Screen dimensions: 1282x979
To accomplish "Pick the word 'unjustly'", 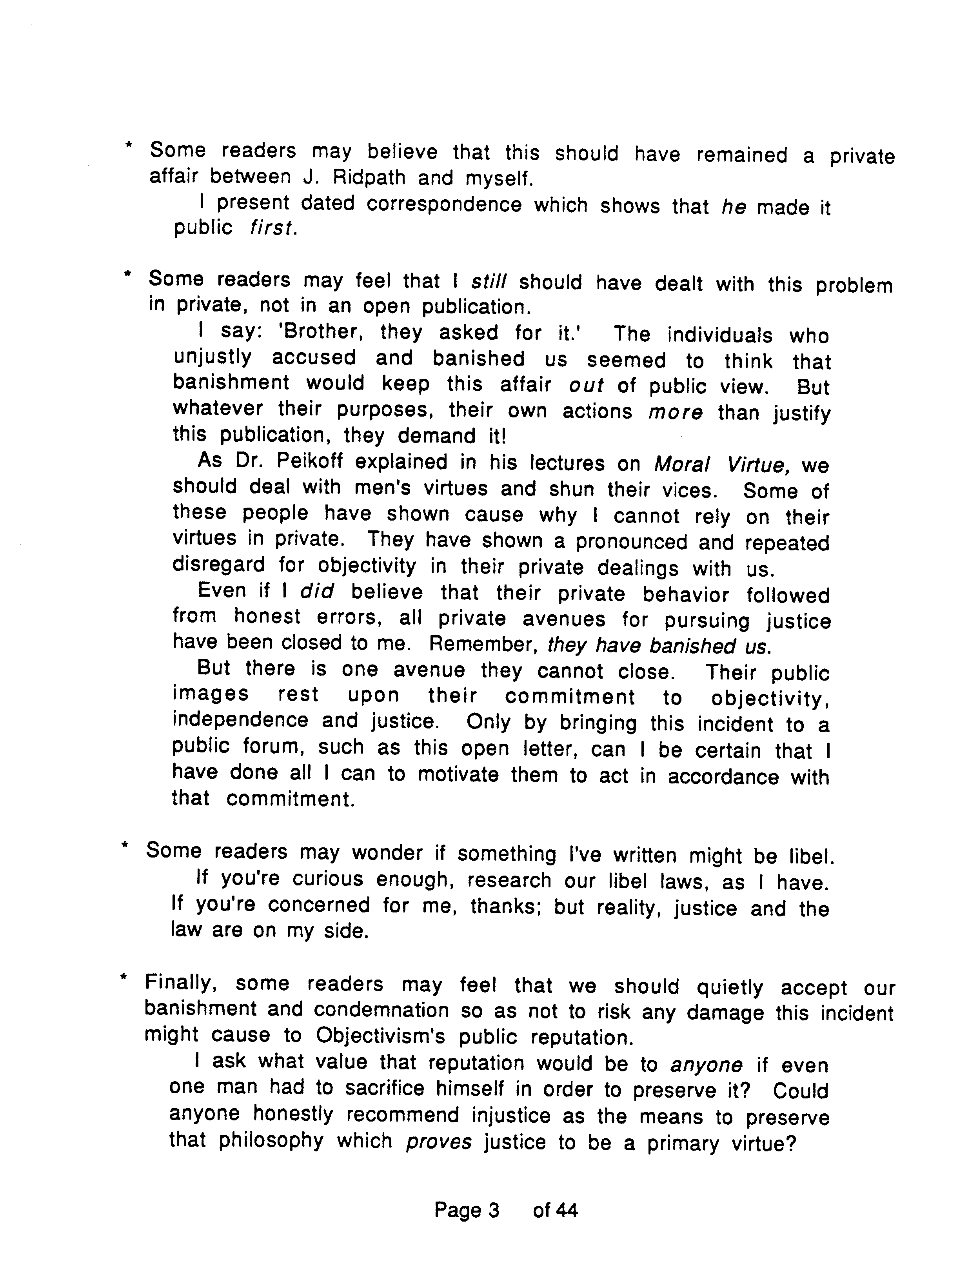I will pos(213,357).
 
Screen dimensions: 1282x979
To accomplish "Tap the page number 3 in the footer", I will pos(494,1211).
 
